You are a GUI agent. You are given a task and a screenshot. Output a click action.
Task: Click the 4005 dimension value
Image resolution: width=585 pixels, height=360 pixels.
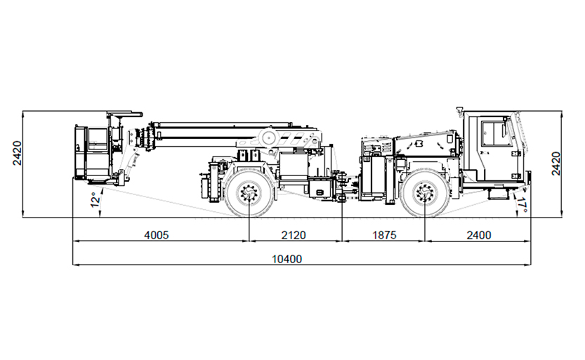[157, 235]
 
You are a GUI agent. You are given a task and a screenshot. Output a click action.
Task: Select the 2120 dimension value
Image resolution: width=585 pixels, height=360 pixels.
[294, 235]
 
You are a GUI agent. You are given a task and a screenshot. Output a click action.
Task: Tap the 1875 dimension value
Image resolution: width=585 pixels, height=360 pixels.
[384, 235]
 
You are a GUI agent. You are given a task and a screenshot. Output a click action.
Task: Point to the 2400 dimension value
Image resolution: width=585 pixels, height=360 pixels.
[479, 235]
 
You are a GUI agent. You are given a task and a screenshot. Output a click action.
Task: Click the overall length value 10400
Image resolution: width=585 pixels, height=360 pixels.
[287, 259]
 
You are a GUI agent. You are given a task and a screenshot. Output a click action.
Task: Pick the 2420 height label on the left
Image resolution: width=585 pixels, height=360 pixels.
[17, 153]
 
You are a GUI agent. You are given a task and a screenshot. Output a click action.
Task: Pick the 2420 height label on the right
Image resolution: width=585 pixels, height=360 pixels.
[556, 164]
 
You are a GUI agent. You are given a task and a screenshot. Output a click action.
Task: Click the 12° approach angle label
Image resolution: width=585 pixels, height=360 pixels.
[96, 199]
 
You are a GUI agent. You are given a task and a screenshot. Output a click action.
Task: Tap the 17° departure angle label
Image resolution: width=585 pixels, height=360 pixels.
[522, 205]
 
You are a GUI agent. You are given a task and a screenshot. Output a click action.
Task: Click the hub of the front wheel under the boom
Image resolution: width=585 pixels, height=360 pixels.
[249, 193]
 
